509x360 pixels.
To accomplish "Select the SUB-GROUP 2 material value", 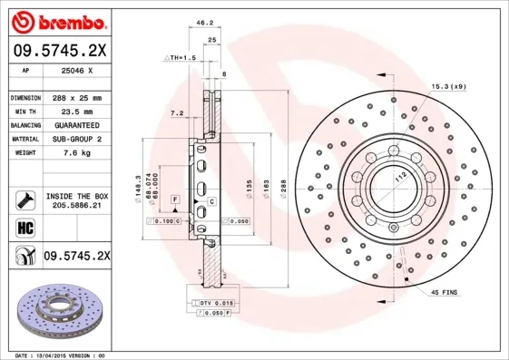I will [76, 139].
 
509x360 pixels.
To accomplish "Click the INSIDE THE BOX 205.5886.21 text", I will [76, 200].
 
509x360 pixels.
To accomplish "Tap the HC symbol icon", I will [22, 228].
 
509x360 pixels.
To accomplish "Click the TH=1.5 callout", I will [181, 57].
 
